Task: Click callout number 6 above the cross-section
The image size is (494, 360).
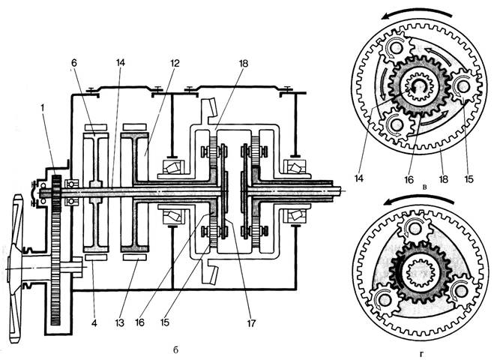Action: pyautogui.click(x=73, y=63)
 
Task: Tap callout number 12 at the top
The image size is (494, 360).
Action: pyautogui.click(x=174, y=63)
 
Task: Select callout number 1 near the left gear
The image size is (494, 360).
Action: pyautogui.click(x=42, y=107)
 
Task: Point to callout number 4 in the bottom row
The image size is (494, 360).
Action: pyautogui.click(x=94, y=323)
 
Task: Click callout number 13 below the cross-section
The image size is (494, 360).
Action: pyautogui.click(x=119, y=323)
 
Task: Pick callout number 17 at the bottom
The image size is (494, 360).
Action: pyautogui.click(x=251, y=323)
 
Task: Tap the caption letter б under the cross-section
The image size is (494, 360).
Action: pyautogui.click(x=175, y=350)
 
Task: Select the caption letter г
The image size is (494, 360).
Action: pyautogui.click(x=422, y=355)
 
